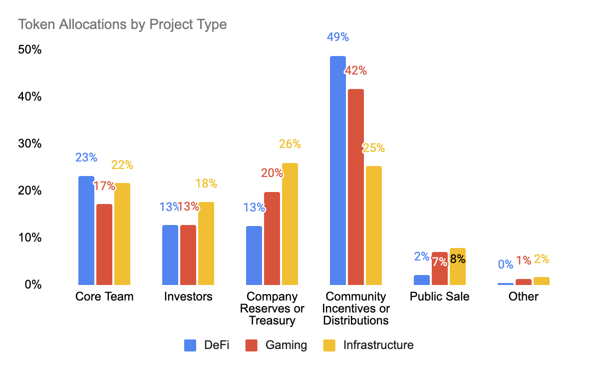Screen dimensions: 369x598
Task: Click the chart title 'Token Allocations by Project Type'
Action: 122,24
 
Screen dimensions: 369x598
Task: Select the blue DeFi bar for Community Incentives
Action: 338,170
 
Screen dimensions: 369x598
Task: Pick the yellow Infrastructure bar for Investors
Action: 206,243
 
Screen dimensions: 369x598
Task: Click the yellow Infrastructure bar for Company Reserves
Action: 290,223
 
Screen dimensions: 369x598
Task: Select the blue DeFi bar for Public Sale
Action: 422,280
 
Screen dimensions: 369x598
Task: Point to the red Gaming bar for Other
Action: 524,282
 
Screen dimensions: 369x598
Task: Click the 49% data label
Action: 338,37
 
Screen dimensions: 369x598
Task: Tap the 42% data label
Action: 356,70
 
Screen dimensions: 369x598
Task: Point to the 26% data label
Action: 290,144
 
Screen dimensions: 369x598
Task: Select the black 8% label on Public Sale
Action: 457,259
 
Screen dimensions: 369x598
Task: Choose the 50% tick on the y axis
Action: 30,50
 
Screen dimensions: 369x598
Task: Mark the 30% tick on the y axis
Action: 30,144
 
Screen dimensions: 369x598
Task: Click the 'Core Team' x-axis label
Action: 104,296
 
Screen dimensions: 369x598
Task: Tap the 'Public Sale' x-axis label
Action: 439,296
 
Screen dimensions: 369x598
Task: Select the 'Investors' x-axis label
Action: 188,296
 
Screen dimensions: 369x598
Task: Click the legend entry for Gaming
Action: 276,345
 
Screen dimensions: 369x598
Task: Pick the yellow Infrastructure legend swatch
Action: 330,345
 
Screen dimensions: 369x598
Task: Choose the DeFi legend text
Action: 217,345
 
